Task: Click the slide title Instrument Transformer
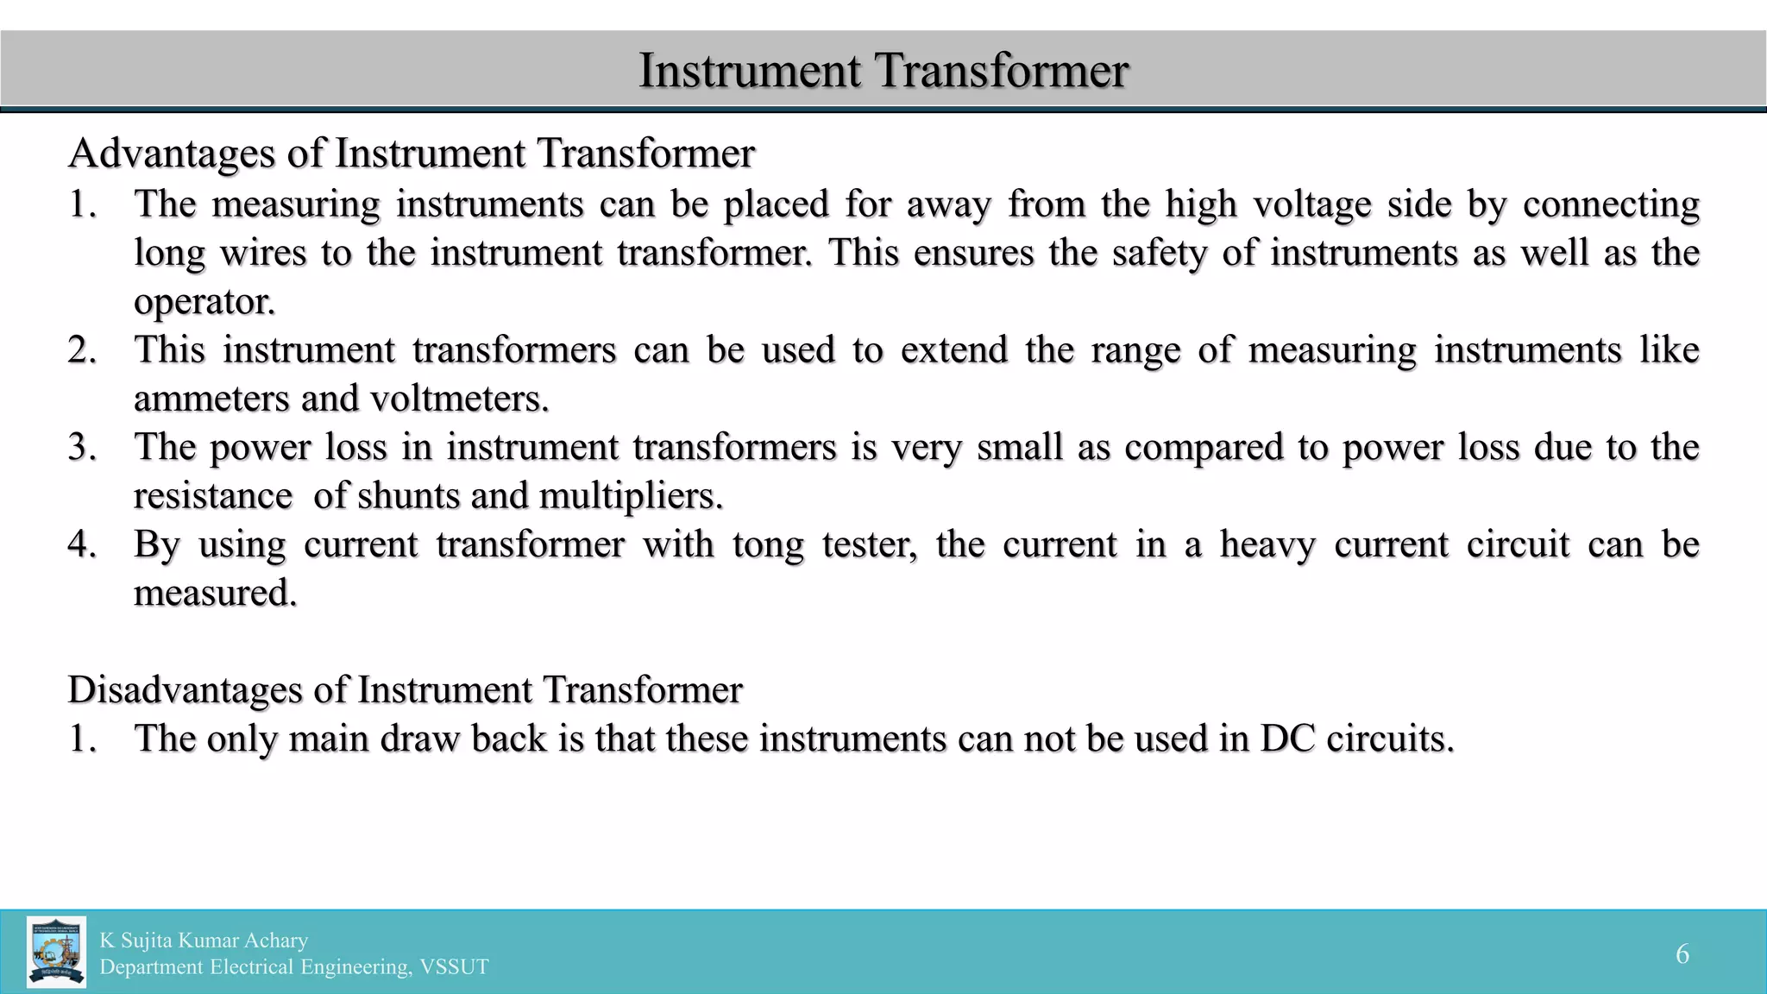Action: (883, 70)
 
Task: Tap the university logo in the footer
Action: (56, 952)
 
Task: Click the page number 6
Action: (1682, 953)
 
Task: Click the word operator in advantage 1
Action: (204, 302)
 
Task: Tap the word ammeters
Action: (211, 399)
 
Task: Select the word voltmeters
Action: (459, 399)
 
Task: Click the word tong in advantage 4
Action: (768, 545)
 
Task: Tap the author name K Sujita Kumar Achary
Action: (204, 940)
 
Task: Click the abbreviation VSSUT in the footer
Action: (454, 967)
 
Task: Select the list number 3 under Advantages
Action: (82, 448)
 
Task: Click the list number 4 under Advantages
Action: (82, 545)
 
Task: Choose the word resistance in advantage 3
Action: (213, 496)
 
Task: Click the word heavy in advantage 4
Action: (1267, 545)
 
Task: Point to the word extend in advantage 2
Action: (954, 350)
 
